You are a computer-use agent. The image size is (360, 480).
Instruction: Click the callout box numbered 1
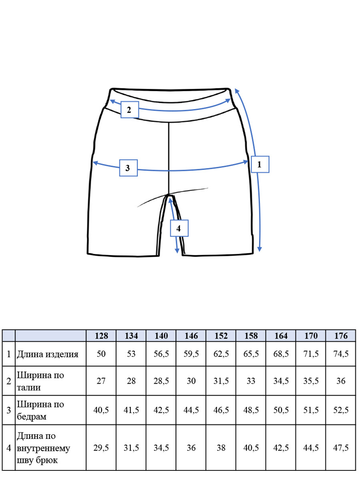point(260,164)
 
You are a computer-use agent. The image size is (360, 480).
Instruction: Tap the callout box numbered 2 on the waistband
point(130,110)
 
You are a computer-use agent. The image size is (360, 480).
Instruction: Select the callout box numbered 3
point(128,168)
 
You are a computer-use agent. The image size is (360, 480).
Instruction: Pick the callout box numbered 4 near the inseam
point(179,228)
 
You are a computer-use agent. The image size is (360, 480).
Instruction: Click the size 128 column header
point(102,336)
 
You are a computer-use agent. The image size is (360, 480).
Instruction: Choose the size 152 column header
point(221,336)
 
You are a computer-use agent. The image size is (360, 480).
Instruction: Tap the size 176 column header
point(341,336)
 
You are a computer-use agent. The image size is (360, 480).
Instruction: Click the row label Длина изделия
point(48,354)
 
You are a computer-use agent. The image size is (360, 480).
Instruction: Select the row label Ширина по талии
point(40,381)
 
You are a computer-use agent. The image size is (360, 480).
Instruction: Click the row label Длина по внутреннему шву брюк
point(43,448)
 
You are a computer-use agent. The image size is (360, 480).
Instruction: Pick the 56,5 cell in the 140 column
point(161,354)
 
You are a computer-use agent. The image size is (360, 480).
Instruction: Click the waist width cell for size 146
point(191,381)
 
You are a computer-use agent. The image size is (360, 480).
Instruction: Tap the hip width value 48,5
point(251,410)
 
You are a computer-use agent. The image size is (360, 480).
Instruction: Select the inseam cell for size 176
point(341,448)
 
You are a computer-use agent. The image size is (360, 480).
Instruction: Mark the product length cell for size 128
point(101,354)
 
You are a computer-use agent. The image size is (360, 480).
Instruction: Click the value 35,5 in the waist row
point(311,381)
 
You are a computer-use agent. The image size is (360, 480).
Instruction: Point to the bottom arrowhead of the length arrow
point(260,249)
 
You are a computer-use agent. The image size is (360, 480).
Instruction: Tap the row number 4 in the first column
point(9,448)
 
